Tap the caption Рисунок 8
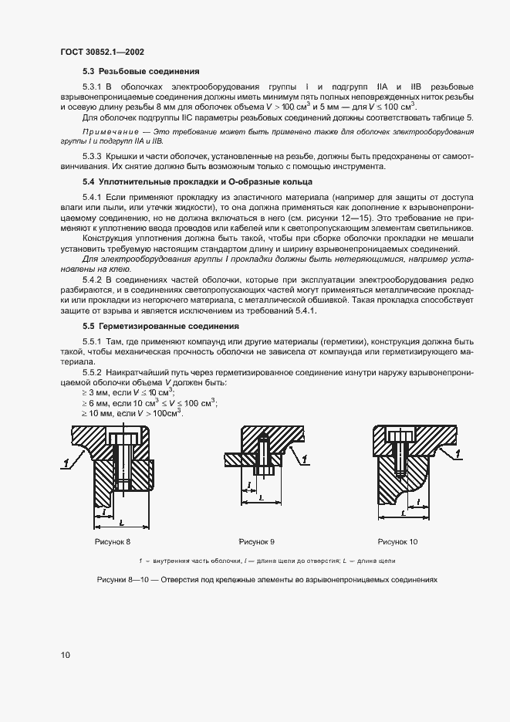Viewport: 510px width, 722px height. click(x=113, y=542)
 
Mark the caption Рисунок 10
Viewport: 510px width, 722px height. click(x=397, y=542)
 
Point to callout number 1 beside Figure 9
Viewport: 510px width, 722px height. click(x=306, y=459)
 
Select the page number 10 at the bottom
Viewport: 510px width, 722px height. click(x=66, y=655)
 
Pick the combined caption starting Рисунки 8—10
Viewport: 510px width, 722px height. click(x=267, y=578)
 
